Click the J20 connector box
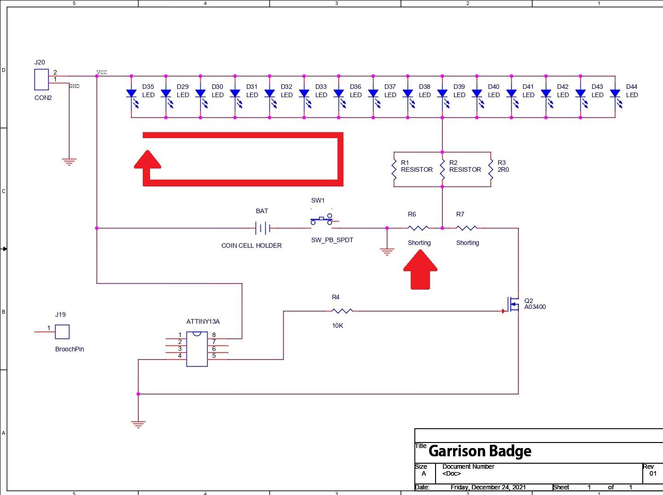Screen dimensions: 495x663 [41, 79]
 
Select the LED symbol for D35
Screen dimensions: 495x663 [131, 94]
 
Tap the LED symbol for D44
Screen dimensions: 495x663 [615, 94]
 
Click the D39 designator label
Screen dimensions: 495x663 [459, 87]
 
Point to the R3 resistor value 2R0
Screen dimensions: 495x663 [503, 169]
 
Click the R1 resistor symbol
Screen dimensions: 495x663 [394, 169]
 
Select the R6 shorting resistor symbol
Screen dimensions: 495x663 [418, 227]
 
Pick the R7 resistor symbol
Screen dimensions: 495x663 [466, 227]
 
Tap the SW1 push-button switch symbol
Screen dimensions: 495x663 [321, 220]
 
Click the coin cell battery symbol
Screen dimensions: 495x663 [262, 227]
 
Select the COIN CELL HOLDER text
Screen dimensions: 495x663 [251, 245]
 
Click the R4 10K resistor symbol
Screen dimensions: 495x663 [342, 311]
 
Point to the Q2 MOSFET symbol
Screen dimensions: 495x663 [513, 304]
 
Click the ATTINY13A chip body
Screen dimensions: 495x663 [197, 349]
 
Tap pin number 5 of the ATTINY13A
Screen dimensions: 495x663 [214, 355]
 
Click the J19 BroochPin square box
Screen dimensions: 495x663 [62, 332]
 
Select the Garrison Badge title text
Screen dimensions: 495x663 [480, 451]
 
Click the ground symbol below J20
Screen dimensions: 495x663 [69, 162]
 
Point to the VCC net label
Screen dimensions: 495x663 [102, 72]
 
